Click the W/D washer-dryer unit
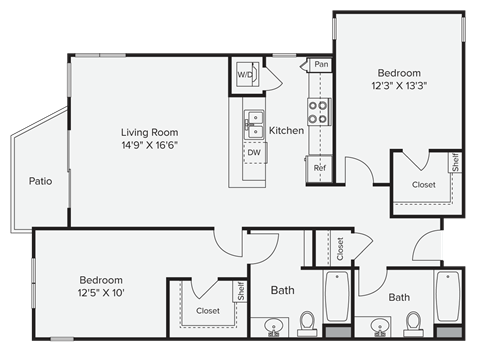click(246, 74)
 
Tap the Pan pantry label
click(320, 64)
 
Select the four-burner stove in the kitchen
click(319, 111)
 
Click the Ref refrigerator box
click(320, 168)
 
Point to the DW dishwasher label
click(254, 154)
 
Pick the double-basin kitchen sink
click(255, 124)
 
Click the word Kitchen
click(286, 131)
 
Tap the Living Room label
click(149, 132)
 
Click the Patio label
click(40, 181)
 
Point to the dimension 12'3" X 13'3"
click(398, 86)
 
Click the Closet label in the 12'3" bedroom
click(422, 184)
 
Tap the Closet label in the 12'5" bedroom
click(207, 311)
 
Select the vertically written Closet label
click(340, 248)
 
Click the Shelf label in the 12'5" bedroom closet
click(240, 291)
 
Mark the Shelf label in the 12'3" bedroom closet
click(455, 163)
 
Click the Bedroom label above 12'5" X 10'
click(101, 279)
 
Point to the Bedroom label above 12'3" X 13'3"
click(398, 73)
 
